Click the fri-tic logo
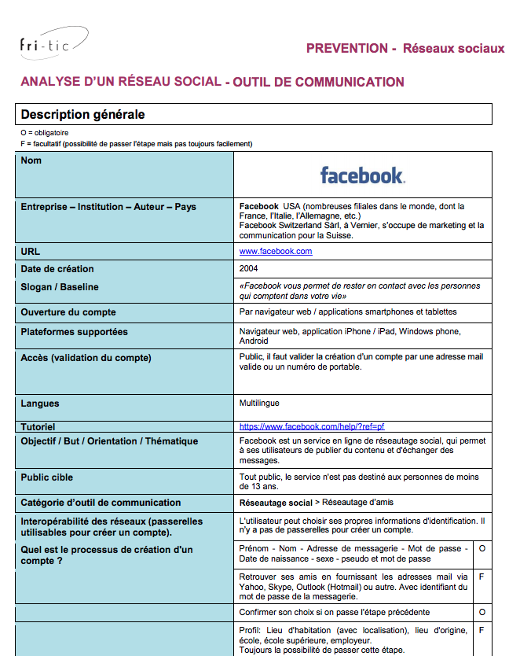pos(53,44)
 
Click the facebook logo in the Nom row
pos(362,175)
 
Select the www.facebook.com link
pos(276,252)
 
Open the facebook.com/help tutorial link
pos(312,426)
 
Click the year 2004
pos(248,269)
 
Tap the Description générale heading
pos(82,115)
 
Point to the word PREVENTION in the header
pos(346,49)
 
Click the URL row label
pos(30,252)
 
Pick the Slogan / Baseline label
pos(60,287)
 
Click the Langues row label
pos(40,404)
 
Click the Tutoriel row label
pos(43,426)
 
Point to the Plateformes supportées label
pos(74,332)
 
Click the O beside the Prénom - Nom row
pos(482,547)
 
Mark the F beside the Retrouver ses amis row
pos(482,577)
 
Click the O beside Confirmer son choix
pos(482,611)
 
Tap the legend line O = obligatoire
pos(46,133)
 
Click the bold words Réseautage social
pos(275,502)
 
